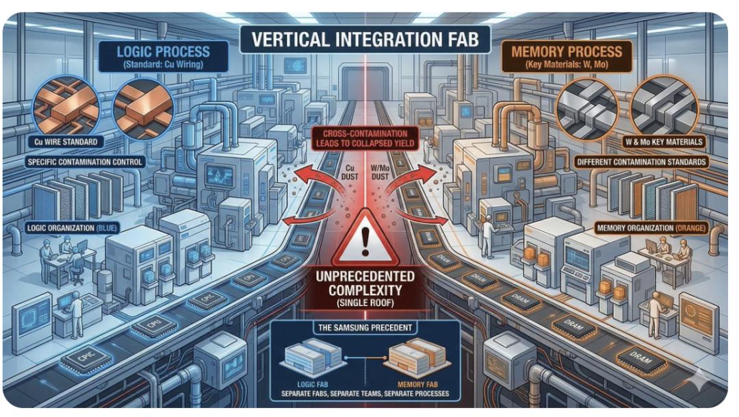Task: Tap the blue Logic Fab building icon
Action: click(x=311, y=357)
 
